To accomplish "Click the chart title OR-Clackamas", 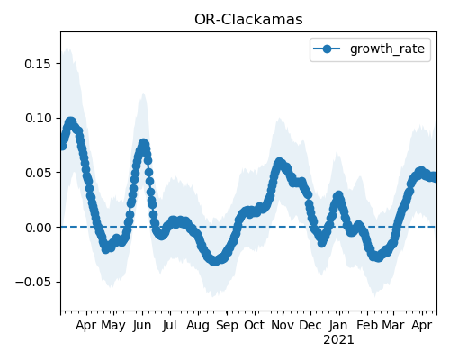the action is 248,20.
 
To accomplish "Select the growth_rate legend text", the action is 387,49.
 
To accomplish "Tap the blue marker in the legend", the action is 327,49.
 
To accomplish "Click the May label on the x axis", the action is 113,326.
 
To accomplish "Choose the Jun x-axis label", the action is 142,326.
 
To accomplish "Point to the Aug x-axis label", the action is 198,326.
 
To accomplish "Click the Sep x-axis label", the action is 227,326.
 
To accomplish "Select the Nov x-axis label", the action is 283,326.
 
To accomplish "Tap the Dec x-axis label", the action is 310,326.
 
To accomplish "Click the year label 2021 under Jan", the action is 338,340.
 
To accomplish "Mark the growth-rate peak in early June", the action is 143,143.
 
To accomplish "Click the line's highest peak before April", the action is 71,122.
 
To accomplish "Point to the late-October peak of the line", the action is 279,163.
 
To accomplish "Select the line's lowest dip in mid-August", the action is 214,261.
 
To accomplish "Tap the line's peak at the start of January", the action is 338,196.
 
